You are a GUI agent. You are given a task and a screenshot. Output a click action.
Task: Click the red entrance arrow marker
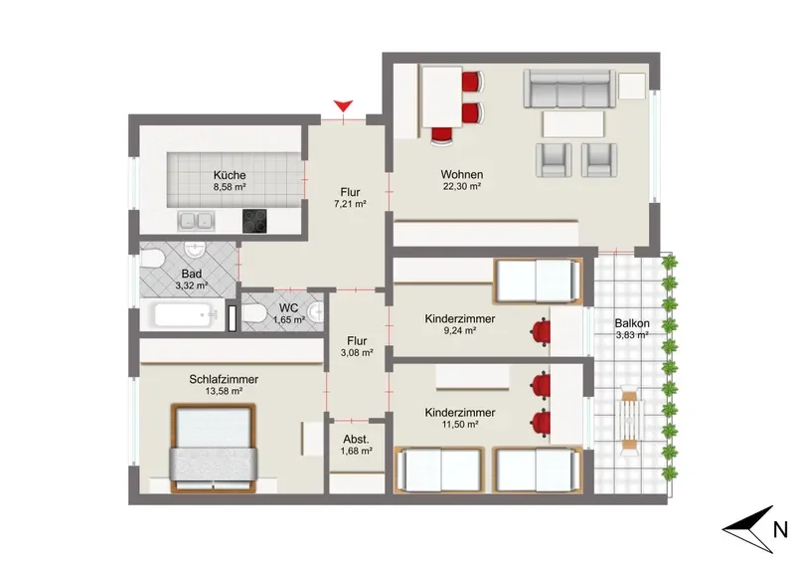343,106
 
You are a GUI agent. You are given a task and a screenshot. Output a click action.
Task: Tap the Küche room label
230,175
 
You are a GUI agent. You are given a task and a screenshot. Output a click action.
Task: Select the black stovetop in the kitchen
254,221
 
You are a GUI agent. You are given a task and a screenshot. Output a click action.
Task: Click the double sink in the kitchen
196,221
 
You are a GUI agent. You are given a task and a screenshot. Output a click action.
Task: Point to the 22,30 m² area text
462,186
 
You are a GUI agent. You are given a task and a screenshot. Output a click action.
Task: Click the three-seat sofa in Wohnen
569,90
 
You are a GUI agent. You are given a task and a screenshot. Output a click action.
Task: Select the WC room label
288,308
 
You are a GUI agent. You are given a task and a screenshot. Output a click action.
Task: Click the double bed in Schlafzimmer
213,448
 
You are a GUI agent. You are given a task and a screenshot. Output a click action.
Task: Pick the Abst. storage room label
357,439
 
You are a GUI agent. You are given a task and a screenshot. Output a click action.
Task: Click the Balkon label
632,323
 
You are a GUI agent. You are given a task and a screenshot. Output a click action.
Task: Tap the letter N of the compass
781,530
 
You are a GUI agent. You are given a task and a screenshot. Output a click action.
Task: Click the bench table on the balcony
629,420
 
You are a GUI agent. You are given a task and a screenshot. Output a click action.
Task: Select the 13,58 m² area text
224,391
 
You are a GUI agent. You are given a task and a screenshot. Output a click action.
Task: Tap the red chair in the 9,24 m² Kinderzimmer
541,331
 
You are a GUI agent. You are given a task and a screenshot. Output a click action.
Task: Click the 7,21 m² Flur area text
351,204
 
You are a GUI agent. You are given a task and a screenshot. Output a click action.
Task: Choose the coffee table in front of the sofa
573,124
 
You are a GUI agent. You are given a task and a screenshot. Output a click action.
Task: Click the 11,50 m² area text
460,425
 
